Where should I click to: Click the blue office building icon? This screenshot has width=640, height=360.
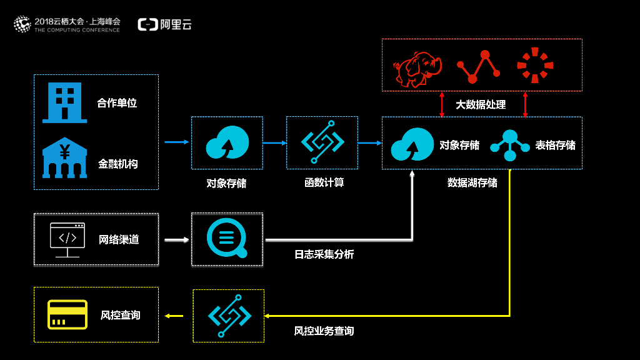point(64,102)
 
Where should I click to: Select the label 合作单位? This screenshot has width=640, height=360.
point(117,103)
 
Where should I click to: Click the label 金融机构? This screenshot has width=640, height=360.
point(117,164)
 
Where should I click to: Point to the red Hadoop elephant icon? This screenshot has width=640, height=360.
point(416,68)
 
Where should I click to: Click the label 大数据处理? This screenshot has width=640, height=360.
point(481,104)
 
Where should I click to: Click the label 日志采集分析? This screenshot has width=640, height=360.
point(324,254)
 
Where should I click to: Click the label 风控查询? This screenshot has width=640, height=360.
point(120,315)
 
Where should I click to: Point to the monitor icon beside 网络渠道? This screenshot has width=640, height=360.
point(67,239)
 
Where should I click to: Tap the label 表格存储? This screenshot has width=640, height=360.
point(555,145)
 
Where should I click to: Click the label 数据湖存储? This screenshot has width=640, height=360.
point(472,182)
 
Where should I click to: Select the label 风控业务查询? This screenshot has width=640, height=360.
point(324,331)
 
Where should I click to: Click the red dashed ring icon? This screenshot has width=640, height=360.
point(535,65)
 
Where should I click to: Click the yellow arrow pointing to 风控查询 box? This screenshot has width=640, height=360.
point(174,316)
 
